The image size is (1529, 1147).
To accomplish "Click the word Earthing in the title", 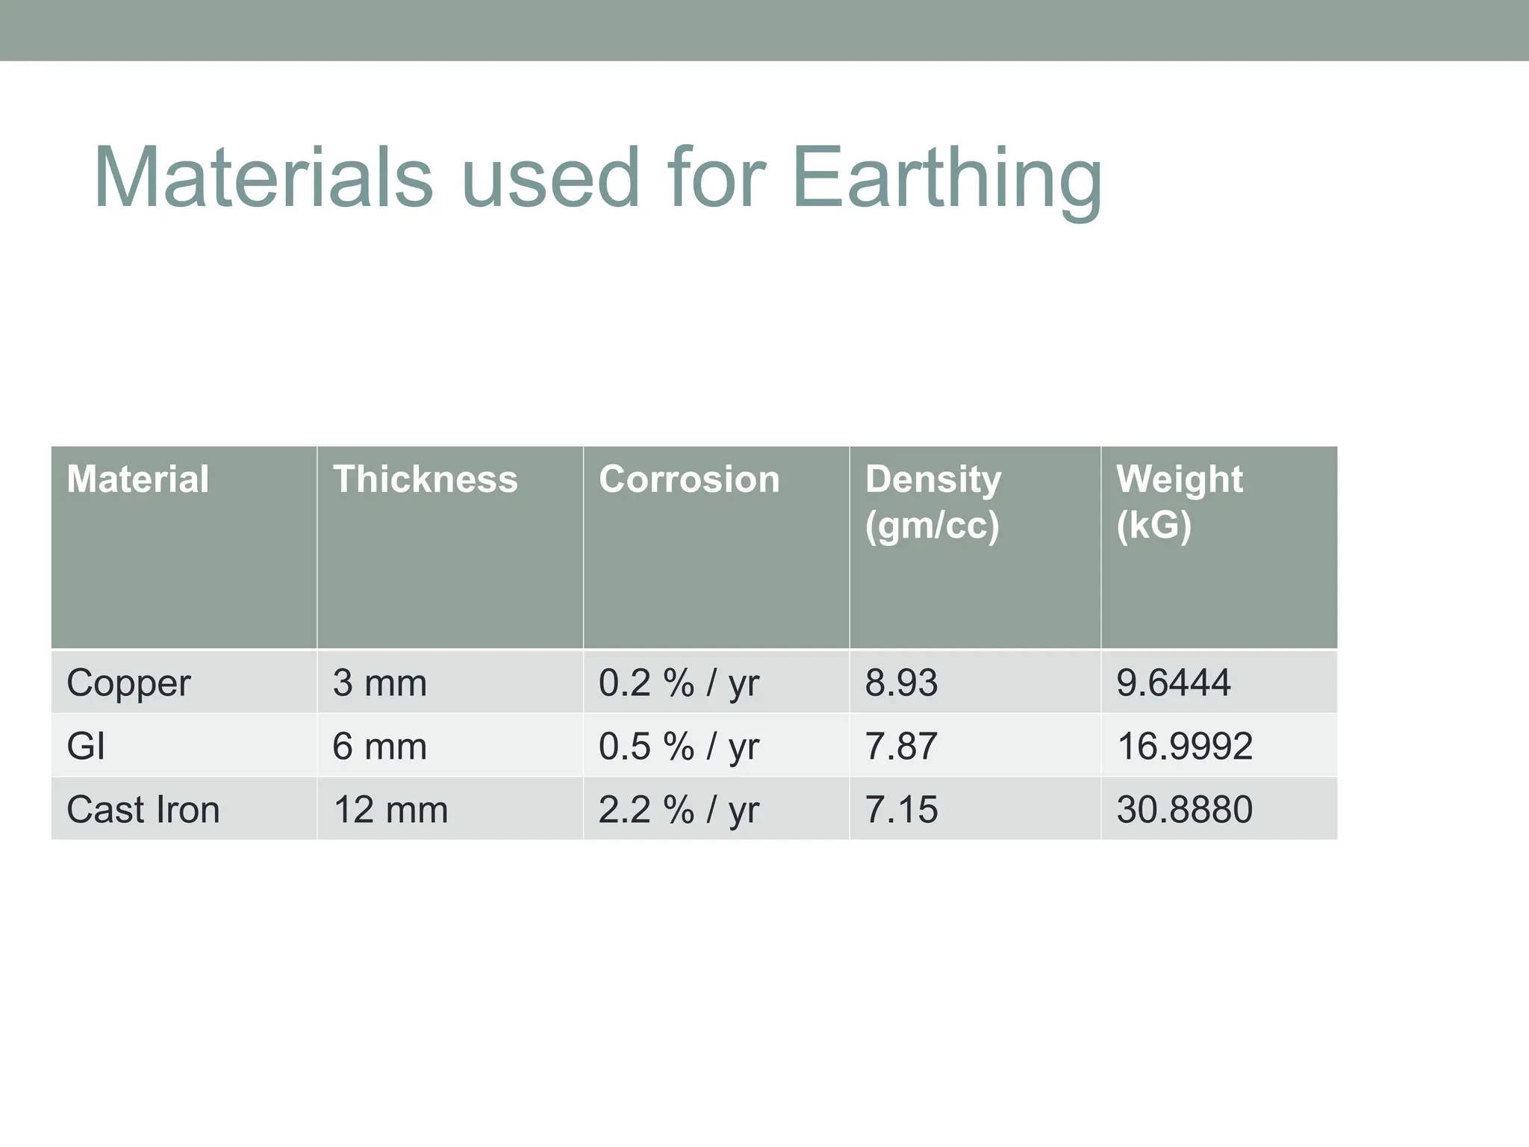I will (946, 179).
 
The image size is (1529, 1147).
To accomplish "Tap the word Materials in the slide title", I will (263, 179).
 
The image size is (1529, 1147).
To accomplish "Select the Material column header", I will (138, 479).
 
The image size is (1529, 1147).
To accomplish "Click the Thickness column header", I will (425, 479).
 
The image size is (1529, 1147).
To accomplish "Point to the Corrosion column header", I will (689, 479).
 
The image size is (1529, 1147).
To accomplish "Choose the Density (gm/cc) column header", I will (933, 502).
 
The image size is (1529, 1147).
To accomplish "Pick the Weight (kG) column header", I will (1180, 502).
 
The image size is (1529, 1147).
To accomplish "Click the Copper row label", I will (128, 683).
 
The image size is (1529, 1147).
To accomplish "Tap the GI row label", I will (86, 746).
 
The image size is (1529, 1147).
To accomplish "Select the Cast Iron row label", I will (143, 809).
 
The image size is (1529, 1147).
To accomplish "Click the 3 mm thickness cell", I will (379, 683).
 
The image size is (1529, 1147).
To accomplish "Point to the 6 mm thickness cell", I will (379, 746).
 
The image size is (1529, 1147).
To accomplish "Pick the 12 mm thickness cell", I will (390, 809).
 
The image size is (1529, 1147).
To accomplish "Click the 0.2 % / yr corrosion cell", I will (679, 683).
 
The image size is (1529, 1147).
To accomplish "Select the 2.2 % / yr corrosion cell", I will (679, 809).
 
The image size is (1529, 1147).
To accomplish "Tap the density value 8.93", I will (901, 683).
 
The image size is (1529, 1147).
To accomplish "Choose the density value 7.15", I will (901, 809).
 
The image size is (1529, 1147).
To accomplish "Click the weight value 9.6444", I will (1174, 683).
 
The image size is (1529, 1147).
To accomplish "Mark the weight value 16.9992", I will (1185, 746).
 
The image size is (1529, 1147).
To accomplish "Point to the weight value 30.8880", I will (1185, 809).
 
